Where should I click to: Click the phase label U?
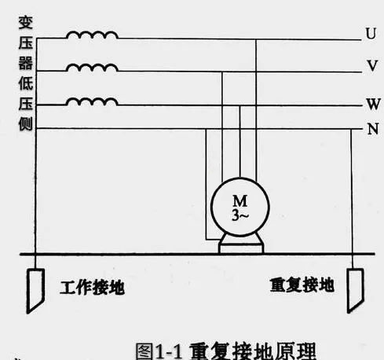tap(371, 33)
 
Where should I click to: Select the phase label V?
tap(372, 65)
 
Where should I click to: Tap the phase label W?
tap(373, 104)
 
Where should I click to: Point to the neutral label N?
tap(373, 129)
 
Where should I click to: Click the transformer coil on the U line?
tap(92, 35)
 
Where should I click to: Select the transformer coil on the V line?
tap(92, 68)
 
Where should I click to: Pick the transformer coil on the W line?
tap(92, 101)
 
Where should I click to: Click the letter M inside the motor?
tap(240, 200)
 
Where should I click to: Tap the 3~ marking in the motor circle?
tap(240, 215)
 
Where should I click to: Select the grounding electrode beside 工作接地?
tap(35, 290)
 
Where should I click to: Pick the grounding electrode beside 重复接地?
tap(355, 290)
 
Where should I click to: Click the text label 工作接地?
tap(92, 288)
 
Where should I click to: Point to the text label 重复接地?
tap(302, 285)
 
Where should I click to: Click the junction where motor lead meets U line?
tap(256, 39)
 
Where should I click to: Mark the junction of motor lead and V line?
tap(222, 72)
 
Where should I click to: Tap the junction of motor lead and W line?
tap(240, 105)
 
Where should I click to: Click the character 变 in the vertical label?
tap(26, 22)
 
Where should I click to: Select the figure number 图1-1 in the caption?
tap(159, 351)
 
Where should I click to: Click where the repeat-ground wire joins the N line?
tap(351, 129)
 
